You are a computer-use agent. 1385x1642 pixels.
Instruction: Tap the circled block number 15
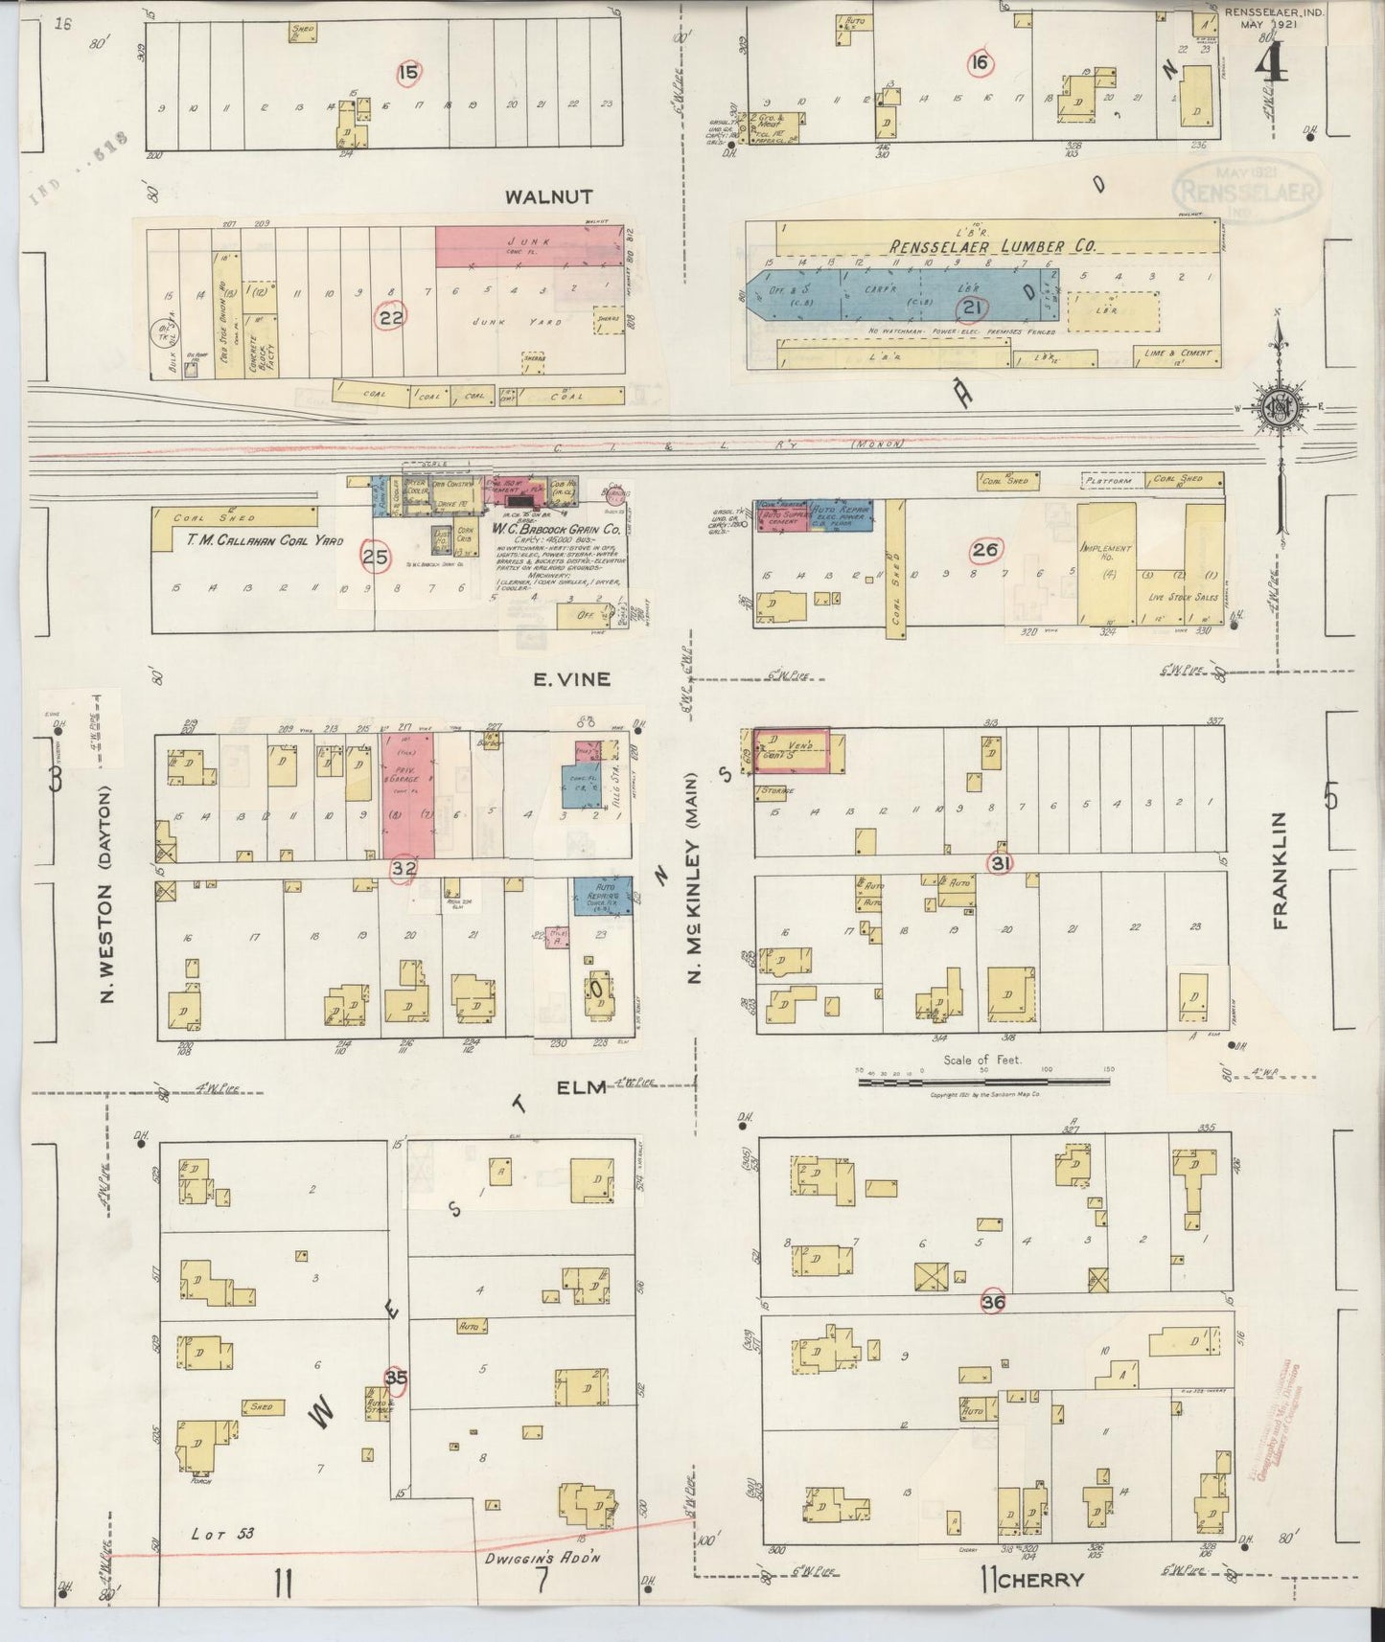pos(409,71)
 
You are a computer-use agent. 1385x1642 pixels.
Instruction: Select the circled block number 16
pos(979,63)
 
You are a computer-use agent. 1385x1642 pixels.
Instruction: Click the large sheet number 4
pos(1271,65)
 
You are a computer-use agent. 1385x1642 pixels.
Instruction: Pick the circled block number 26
pos(985,550)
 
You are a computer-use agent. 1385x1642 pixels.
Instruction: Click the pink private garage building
pos(407,795)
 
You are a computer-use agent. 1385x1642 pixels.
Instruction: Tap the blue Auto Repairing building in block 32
pos(602,893)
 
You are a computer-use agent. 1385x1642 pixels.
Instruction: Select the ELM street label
pos(582,1086)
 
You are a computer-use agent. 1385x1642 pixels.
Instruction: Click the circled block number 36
pos(994,1302)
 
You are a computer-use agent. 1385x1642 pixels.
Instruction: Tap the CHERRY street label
pos(1039,1580)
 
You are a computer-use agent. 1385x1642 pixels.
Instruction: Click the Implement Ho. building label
pos(1106,553)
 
